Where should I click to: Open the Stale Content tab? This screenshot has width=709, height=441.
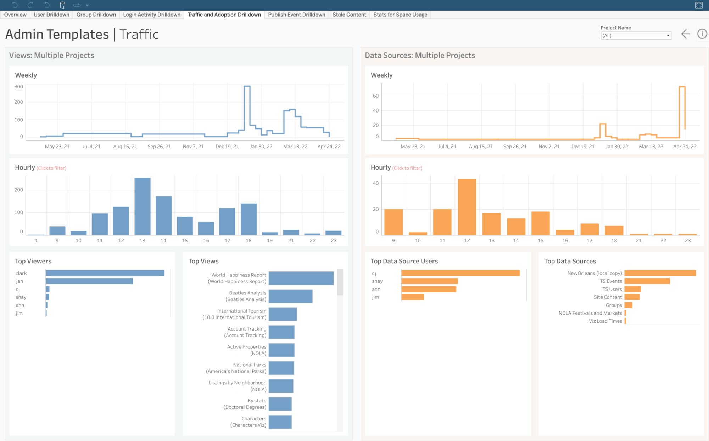tap(349, 15)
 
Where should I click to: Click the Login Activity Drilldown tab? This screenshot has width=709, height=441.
tap(151, 15)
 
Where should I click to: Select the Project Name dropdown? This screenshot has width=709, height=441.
tap(636, 35)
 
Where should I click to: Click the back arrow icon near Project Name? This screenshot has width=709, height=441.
tap(686, 34)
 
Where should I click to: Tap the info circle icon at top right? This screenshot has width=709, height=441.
tap(702, 34)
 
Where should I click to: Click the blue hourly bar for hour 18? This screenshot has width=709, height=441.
tap(249, 219)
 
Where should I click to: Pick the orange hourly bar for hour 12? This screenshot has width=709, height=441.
tap(467, 207)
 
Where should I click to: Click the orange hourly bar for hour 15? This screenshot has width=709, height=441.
tap(540, 223)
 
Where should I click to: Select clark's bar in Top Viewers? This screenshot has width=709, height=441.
tap(105, 273)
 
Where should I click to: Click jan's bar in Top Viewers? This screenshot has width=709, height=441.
tap(89, 281)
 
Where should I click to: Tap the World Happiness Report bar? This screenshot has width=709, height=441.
tap(301, 278)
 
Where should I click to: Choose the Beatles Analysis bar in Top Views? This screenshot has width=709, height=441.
tap(290, 296)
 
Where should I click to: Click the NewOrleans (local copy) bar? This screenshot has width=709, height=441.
tap(660, 273)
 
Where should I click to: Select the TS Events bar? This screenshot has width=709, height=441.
tap(647, 281)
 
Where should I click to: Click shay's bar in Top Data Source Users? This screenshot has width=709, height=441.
tap(429, 281)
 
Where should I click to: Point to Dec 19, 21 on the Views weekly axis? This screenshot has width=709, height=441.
tap(227, 147)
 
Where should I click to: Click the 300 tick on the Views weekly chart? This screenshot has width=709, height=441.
tap(18, 86)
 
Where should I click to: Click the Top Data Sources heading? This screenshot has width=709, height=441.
tap(570, 261)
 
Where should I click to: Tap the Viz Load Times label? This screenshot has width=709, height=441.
tap(605, 321)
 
